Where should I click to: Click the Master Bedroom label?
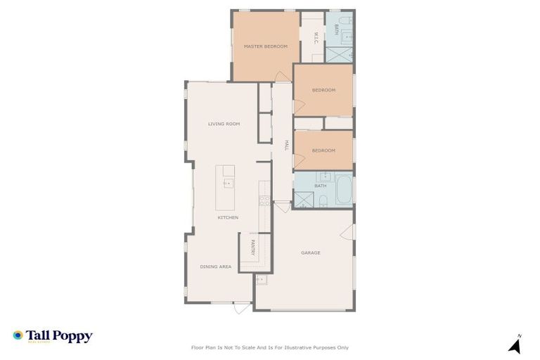266,46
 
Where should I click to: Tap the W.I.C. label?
316,37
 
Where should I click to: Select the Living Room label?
224,124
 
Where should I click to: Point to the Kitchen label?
228,217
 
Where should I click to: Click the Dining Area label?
215,266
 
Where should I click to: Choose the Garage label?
311,252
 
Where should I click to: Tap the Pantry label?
252,247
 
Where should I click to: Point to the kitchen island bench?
225,187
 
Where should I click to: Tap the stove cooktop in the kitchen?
264,201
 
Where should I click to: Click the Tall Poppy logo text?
59,336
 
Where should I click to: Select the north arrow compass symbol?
515,345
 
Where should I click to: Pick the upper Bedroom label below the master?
323,90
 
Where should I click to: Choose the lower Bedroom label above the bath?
323,150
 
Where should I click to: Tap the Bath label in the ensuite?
337,30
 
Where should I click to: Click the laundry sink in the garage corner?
260,280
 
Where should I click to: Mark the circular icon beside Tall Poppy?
18,335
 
